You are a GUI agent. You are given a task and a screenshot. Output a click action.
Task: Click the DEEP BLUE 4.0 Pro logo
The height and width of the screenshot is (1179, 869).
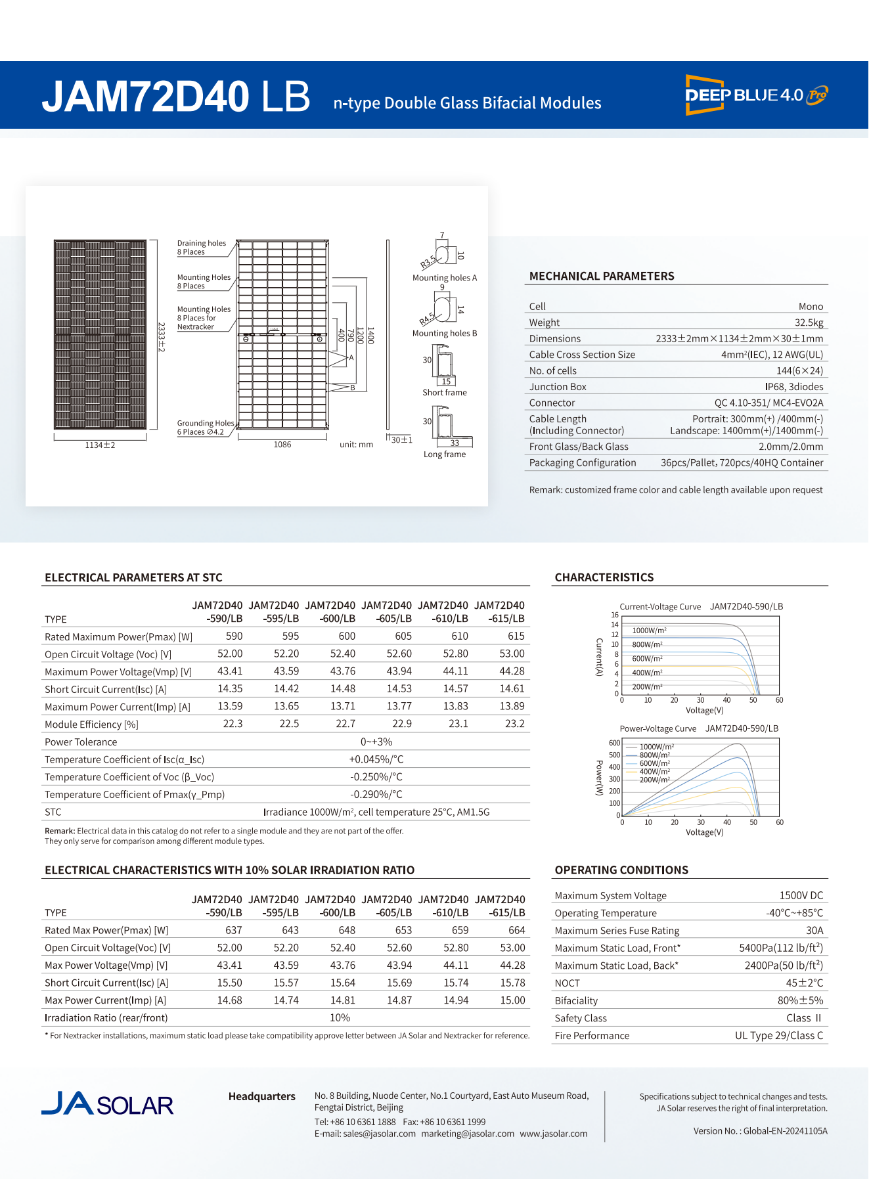[x=756, y=95]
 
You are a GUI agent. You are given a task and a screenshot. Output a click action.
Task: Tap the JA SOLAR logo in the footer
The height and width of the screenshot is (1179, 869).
[x=108, y=1104]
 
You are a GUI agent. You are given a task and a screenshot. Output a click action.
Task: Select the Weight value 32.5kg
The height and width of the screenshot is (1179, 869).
[x=809, y=323]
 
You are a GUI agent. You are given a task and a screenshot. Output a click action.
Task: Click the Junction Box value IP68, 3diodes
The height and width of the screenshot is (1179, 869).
[x=793, y=387]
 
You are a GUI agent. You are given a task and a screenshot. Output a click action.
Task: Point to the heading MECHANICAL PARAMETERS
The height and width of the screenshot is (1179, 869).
[x=602, y=277]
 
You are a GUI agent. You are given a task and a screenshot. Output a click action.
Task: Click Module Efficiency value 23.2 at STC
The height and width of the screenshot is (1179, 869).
[x=514, y=724]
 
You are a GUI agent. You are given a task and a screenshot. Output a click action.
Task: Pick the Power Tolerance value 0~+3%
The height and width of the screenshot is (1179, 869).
[x=376, y=742]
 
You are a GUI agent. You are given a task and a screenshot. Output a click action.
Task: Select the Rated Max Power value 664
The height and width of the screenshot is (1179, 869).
[x=516, y=930]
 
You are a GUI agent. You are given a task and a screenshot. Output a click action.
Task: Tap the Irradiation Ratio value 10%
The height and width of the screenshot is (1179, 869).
[x=340, y=1017]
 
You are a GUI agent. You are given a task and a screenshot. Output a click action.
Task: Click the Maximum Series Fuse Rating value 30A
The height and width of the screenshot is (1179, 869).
[x=814, y=930]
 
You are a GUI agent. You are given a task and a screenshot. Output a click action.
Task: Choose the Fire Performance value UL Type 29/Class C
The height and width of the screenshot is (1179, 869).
[x=778, y=1035]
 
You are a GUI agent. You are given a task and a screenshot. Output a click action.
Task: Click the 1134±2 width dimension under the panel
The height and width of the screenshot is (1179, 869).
[x=100, y=445]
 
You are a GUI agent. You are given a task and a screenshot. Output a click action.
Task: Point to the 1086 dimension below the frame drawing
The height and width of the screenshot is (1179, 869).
[x=282, y=445]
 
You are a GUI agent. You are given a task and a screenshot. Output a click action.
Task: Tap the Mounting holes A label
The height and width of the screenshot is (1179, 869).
[x=445, y=278]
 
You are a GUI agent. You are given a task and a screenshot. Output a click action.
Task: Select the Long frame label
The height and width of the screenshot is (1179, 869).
[x=445, y=455]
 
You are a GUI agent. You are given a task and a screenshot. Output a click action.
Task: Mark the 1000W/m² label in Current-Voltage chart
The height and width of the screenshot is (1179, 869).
[x=649, y=631]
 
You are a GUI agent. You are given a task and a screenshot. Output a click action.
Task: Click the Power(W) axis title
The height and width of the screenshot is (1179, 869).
[x=599, y=778]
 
